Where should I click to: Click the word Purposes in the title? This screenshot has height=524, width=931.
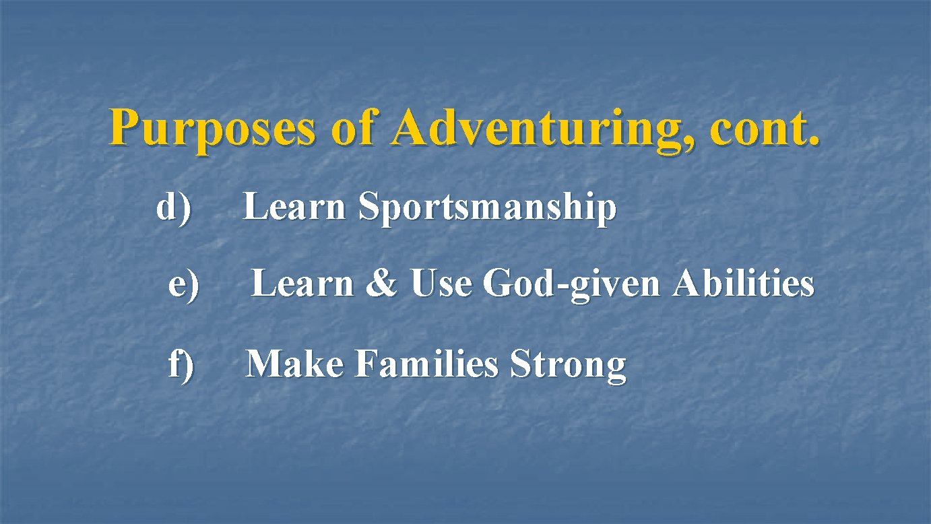click(x=212, y=129)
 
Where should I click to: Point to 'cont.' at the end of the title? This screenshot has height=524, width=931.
click(x=765, y=128)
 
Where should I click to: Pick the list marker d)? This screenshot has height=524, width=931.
click(x=174, y=207)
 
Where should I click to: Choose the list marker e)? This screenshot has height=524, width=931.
click(x=183, y=284)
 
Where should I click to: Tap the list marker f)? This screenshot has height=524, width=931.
click(x=181, y=364)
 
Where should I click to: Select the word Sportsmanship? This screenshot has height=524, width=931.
click(x=487, y=208)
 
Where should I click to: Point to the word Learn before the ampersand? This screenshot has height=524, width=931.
click(x=302, y=284)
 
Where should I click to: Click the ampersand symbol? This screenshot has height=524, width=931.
click(x=381, y=284)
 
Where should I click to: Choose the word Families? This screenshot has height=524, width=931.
click(x=426, y=364)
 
